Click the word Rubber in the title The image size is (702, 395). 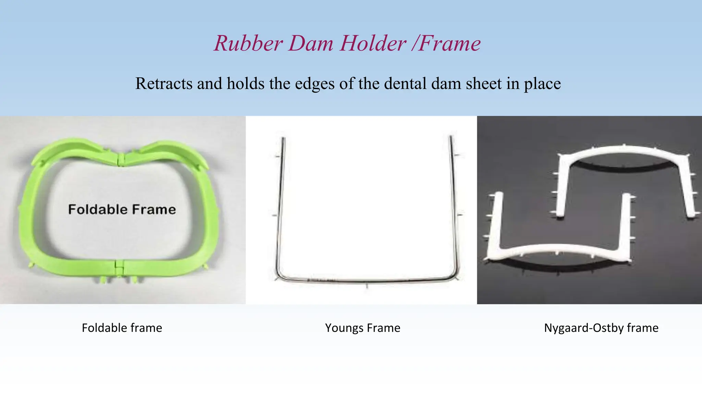(x=249, y=44)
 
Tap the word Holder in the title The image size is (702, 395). (x=373, y=44)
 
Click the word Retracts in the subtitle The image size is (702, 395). (x=164, y=84)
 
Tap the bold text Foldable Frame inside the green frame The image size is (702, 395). (x=122, y=210)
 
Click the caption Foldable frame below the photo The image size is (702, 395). (x=122, y=328)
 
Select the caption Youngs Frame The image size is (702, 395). (x=363, y=328)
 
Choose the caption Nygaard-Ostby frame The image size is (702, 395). (x=601, y=328)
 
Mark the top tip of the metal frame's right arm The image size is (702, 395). (x=451, y=137)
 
